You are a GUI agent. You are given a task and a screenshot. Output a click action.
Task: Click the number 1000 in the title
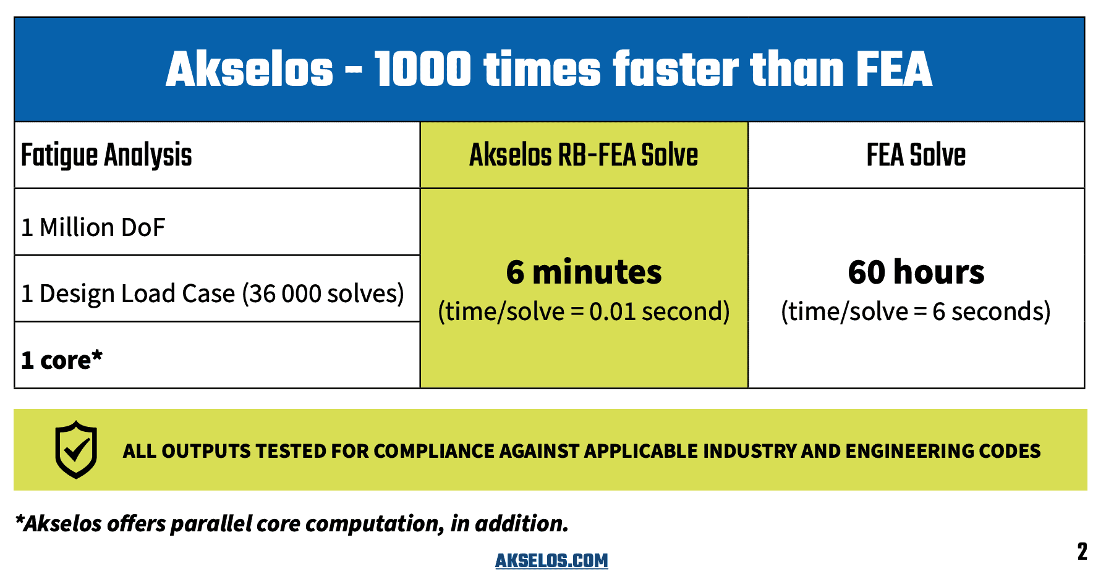point(423,69)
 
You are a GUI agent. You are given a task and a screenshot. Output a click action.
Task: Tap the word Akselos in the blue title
point(249,69)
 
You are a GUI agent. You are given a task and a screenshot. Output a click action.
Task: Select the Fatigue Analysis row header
point(106,155)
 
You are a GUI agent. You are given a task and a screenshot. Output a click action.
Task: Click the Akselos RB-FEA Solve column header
point(584,155)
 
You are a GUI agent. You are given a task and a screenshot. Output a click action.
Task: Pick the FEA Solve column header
point(916,155)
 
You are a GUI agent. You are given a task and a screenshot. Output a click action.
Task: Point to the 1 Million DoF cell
point(93,227)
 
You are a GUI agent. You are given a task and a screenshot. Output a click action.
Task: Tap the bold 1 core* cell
point(62,360)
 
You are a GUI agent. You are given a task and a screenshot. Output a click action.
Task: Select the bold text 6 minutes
point(584,272)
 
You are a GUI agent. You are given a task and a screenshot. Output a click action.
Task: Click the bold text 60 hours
point(916,272)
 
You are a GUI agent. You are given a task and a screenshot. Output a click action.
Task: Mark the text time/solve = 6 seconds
point(916,311)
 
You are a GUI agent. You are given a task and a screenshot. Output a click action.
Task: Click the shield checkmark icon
point(76,450)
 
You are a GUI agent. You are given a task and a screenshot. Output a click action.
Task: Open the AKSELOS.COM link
point(551,560)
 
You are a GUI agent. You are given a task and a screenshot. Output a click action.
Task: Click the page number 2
point(1082,552)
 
